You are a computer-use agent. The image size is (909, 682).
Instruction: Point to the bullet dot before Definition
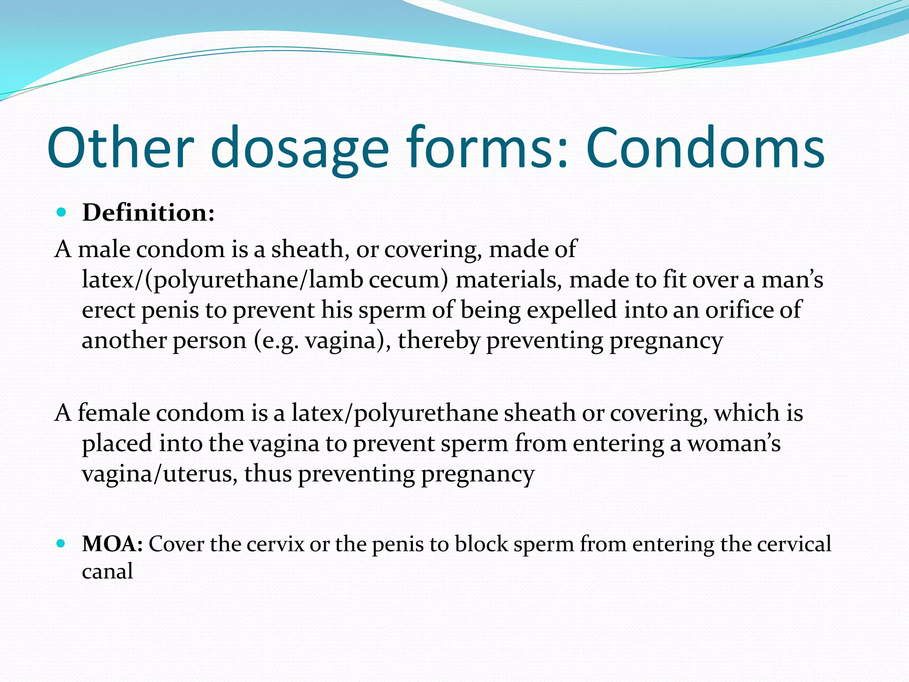[62, 212]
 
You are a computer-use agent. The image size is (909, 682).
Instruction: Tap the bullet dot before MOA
[62, 543]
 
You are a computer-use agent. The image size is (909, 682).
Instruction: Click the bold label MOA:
[112, 544]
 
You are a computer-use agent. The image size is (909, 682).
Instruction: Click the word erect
[108, 310]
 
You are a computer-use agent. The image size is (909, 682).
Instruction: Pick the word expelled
[572, 310]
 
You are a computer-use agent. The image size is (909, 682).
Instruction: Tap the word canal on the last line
[107, 571]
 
